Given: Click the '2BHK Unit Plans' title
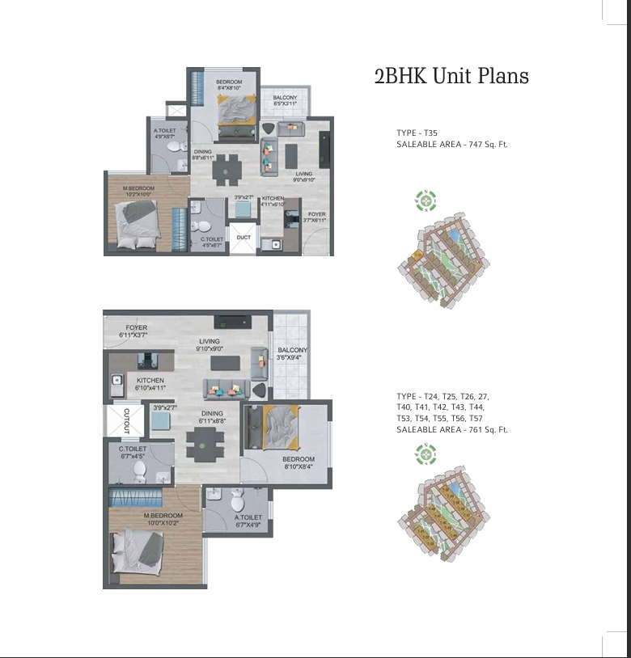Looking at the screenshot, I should click(451, 77).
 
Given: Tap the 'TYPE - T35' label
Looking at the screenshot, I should click(417, 133).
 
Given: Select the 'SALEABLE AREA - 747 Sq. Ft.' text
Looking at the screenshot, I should click(451, 144).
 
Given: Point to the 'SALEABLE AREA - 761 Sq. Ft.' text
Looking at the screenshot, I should click(451, 430).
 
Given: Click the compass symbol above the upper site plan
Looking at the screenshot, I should click(426, 200).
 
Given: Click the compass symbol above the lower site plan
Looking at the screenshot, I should click(426, 456).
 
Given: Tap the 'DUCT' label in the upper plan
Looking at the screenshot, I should click(244, 238).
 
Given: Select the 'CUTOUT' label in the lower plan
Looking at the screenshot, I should click(126, 420).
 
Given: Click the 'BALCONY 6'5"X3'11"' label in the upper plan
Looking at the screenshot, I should click(285, 101).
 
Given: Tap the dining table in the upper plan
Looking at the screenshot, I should click(227, 169).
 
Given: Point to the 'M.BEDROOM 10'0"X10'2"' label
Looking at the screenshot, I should click(163, 520).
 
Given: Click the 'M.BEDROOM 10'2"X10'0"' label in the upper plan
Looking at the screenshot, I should click(138, 192).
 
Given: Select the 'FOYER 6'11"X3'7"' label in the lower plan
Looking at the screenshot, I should click(136, 331).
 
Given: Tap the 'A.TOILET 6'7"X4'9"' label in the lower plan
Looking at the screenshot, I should click(248, 521).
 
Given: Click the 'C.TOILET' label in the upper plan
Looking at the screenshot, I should click(212, 240).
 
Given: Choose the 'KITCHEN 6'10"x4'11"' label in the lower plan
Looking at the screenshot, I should click(150, 384).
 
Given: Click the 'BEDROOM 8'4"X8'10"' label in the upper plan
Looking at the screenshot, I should click(228, 85).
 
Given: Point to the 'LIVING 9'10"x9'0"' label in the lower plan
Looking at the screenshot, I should click(210, 345).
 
